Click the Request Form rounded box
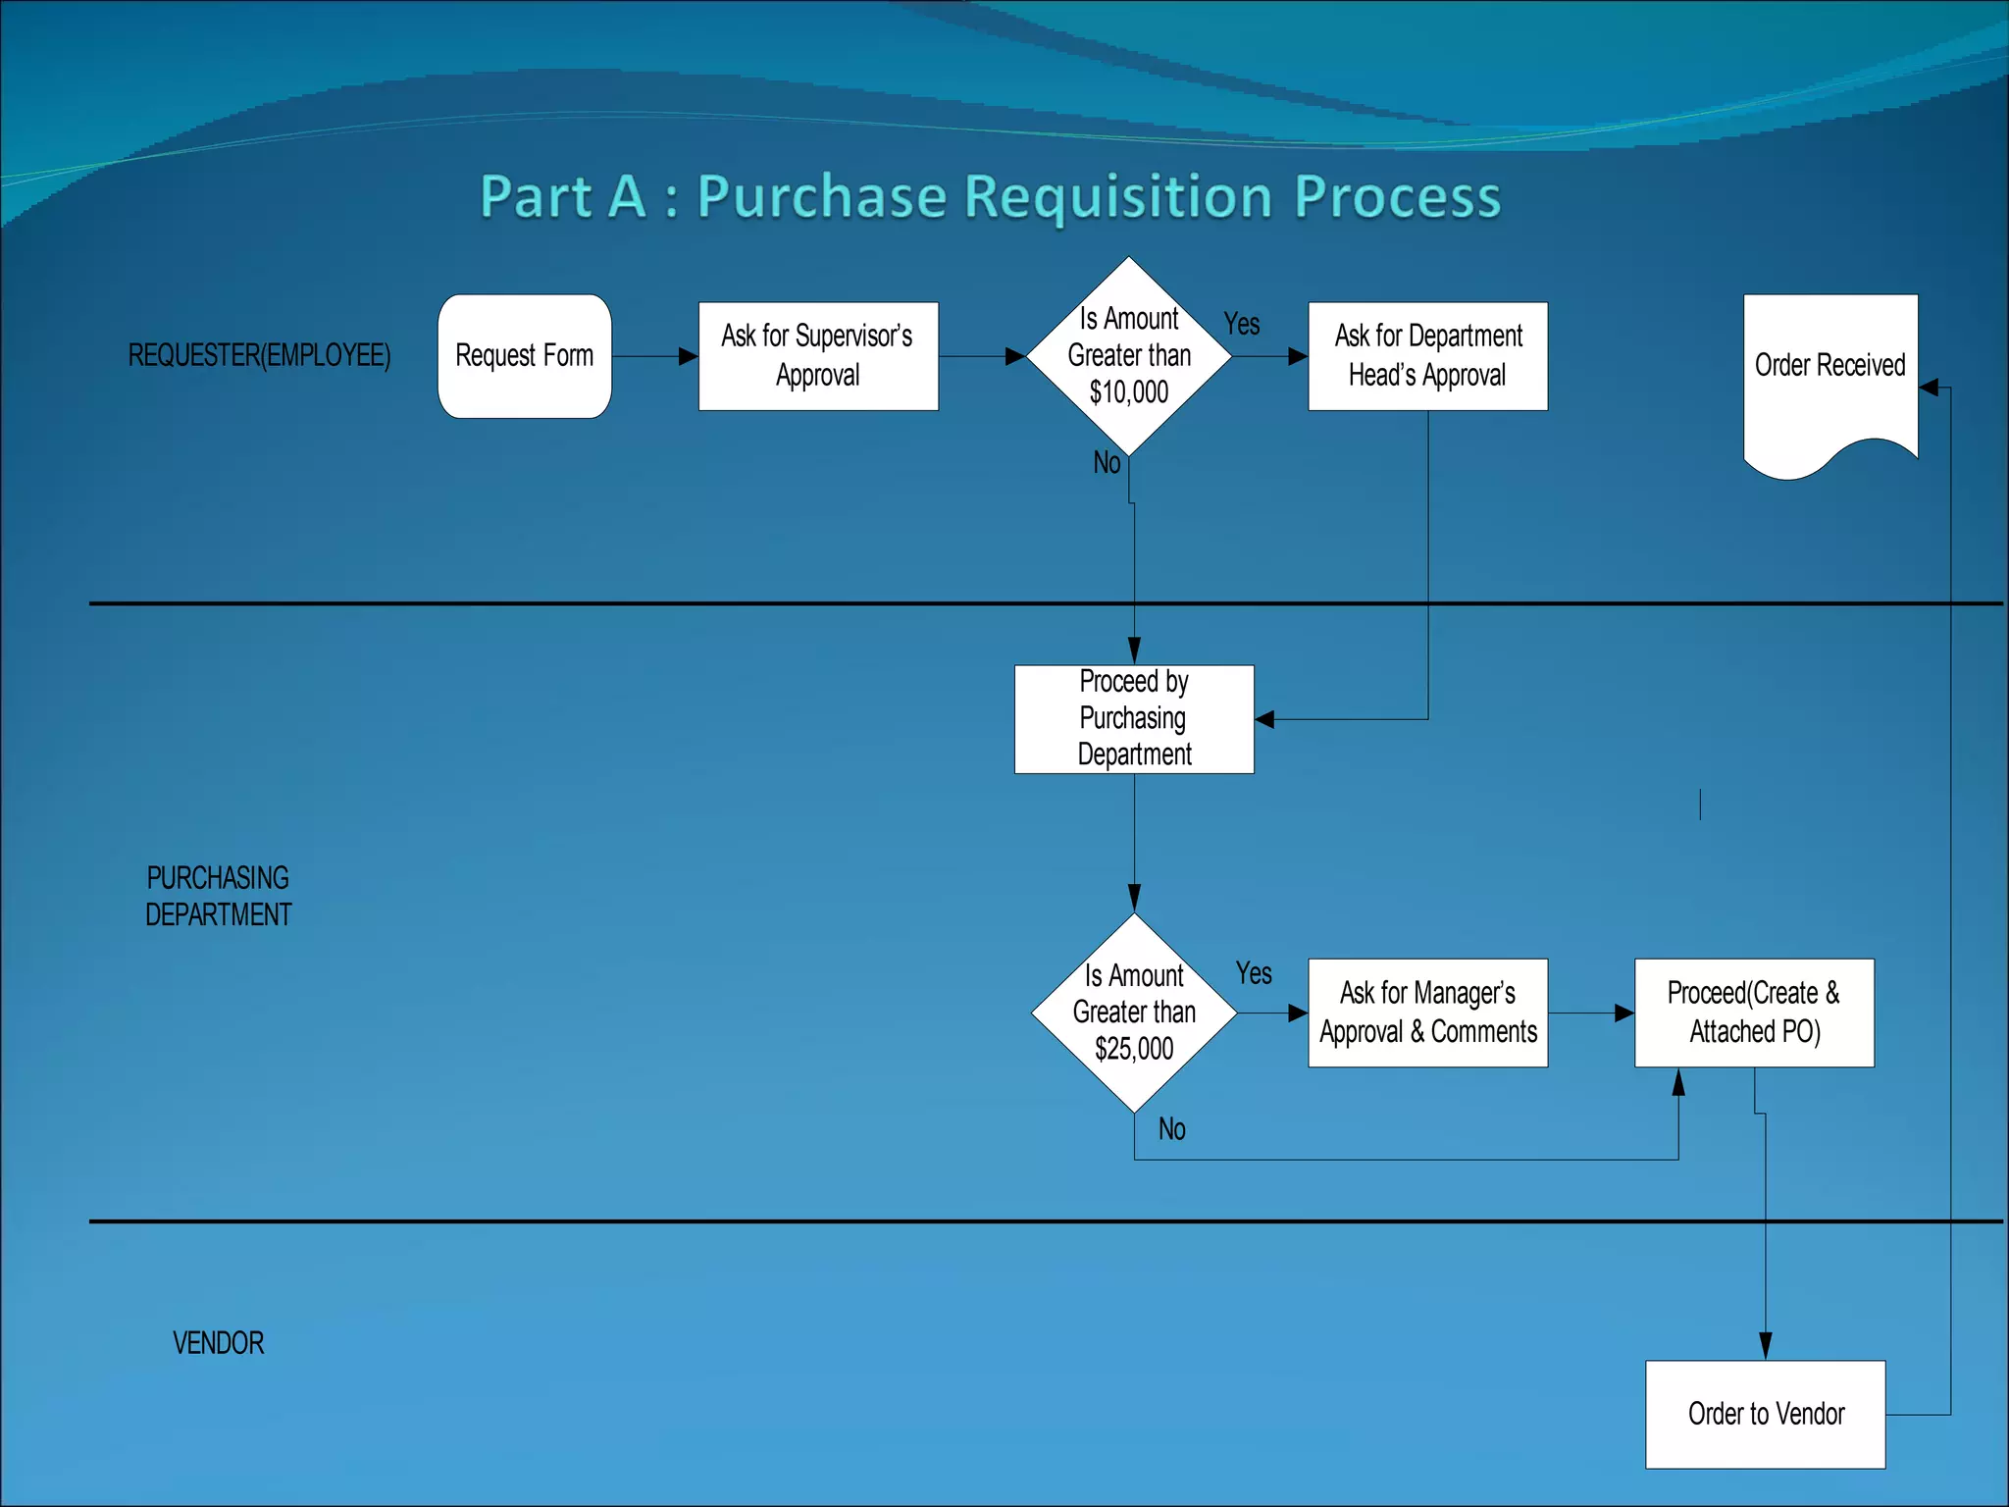(x=525, y=356)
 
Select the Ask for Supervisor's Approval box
(x=818, y=356)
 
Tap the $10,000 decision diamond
(x=1129, y=356)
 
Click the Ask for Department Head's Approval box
(x=1427, y=356)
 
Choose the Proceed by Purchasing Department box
(x=1134, y=719)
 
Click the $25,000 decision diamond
(x=1134, y=1013)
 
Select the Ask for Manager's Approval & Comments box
(x=1427, y=1013)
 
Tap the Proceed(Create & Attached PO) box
(x=1754, y=1013)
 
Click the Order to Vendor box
(x=1765, y=1414)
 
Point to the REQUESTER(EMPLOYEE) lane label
(x=259, y=355)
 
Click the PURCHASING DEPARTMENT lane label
(x=218, y=896)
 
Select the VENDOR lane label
(x=218, y=1342)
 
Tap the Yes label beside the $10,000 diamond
(x=1241, y=324)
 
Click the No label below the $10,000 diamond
(x=1107, y=462)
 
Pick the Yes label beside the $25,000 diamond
(x=1253, y=973)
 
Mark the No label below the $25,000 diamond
(x=1171, y=1129)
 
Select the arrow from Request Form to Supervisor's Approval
(x=653, y=356)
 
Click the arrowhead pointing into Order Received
(x=1929, y=388)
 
